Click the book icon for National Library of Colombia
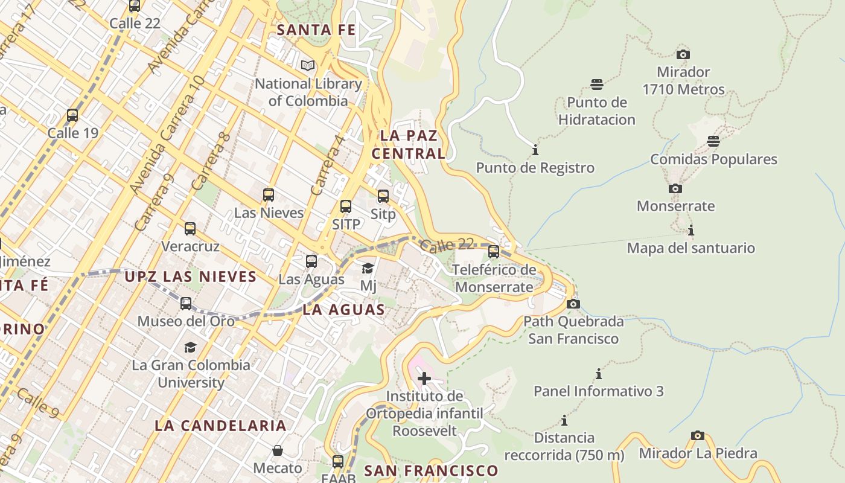308,65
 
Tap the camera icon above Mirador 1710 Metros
683,54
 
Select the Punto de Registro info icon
535,150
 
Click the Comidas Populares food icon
713,141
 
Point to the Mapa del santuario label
690,248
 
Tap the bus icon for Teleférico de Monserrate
494,251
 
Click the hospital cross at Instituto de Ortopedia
424,379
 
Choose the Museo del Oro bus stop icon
186,303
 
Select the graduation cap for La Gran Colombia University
191,347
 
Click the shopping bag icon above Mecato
278,450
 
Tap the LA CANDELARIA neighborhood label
220,425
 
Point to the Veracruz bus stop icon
190,229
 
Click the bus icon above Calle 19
72,115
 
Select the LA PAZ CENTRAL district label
409,144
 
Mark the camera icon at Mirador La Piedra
698,435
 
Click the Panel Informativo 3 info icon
599,374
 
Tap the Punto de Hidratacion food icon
597,84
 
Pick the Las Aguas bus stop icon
311,261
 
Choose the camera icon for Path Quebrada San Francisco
573,304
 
